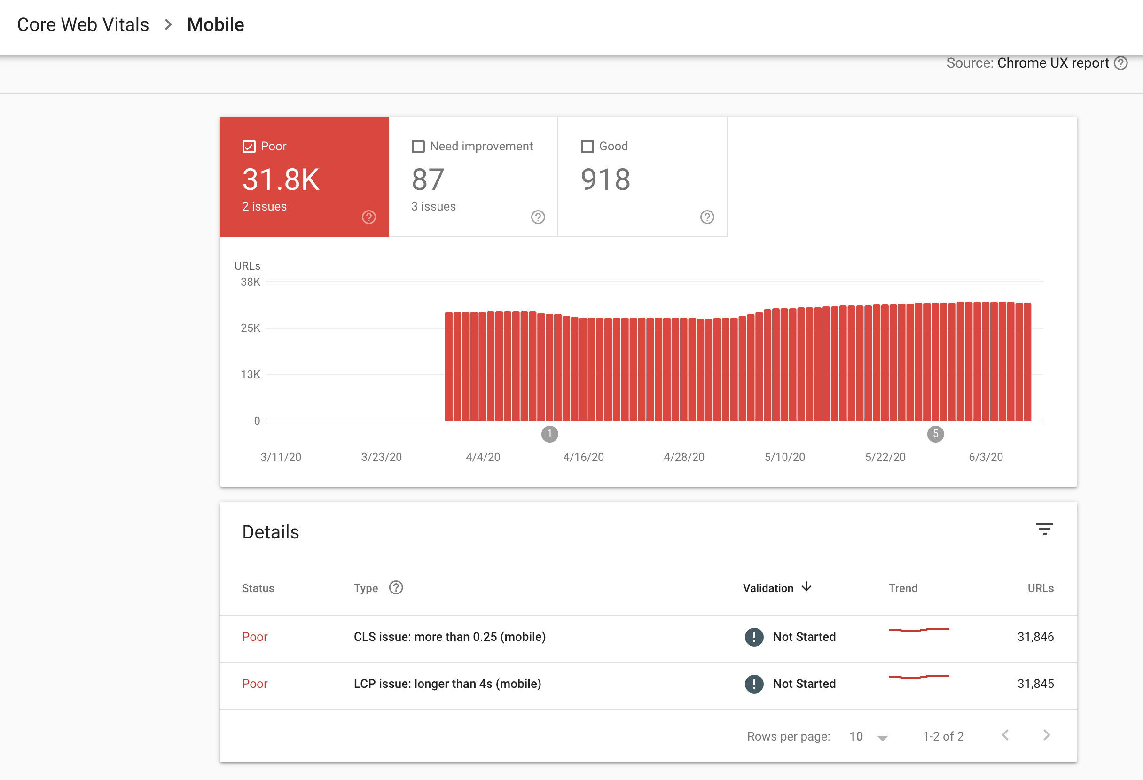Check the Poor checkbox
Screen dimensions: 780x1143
tap(249, 147)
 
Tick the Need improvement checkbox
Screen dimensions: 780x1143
tap(418, 147)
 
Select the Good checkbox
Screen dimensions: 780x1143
tap(587, 147)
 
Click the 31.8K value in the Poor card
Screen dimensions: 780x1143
tap(281, 179)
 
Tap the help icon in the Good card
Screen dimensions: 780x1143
tap(707, 217)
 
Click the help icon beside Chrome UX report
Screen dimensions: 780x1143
tap(1121, 63)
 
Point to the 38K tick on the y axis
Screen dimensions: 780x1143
tap(251, 282)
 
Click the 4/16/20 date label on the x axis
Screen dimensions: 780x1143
tap(583, 457)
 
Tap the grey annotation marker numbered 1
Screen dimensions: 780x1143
tap(549, 434)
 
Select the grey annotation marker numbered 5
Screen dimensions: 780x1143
tap(935, 434)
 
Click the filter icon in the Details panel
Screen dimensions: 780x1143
tap(1044, 529)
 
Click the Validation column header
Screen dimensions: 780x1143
tap(768, 588)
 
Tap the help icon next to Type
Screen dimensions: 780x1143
tap(396, 588)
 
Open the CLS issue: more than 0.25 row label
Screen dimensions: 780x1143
tap(449, 637)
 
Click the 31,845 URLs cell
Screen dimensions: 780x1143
tap(1035, 684)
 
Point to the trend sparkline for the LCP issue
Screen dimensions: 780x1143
tap(919, 677)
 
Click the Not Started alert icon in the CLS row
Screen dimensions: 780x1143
tap(754, 637)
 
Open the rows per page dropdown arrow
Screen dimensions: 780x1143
tap(882, 738)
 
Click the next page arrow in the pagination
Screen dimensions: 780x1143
tap(1046, 735)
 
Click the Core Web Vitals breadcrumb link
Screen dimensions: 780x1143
tap(83, 24)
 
